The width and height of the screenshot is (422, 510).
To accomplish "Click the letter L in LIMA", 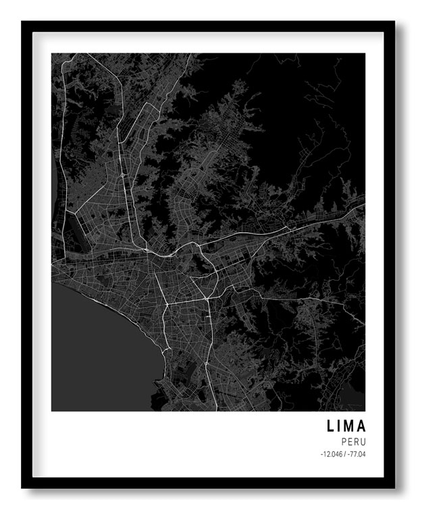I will point(331,426).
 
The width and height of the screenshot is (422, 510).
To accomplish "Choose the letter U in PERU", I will point(363,442).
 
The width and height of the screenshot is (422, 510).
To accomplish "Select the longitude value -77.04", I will point(357,455).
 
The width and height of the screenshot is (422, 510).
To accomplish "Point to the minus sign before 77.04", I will point(348,455).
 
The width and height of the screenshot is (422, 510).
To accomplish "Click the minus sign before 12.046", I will point(322,455).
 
